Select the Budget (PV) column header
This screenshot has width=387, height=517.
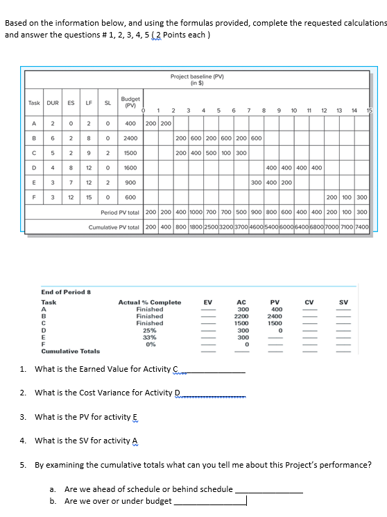[x=130, y=102]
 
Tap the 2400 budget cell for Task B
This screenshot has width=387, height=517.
[x=130, y=138]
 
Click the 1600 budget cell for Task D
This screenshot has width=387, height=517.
[x=130, y=167]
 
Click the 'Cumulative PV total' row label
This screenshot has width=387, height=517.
[x=114, y=227]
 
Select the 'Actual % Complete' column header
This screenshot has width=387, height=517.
[x=150, y=302]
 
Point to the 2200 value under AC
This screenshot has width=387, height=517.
[x=241, y=316]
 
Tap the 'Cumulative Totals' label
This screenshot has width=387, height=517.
[x=71, y=352]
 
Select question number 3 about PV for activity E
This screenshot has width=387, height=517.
[x=87, y=417]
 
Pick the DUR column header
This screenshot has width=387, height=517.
[x=54, y=102]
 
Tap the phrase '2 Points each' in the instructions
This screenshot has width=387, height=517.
[x=181, y=35]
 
